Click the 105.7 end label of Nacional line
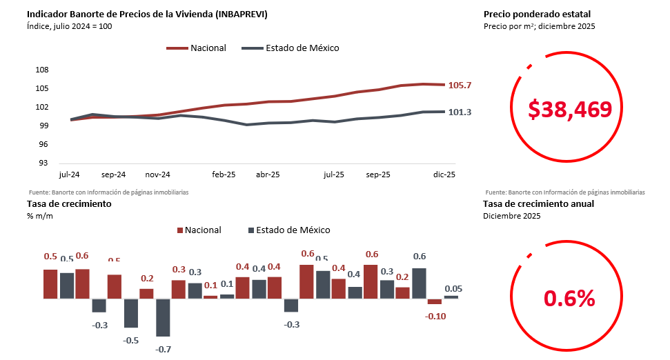pyautogui.click(x=460, y=86)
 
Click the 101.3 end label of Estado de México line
pyautogui.click(x=460, y=112)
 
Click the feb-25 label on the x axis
pyautogui.click(x=224, y=175)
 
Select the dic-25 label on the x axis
pyautogui.click(x=444, y=175)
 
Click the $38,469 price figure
pyautogui.click(x=570, y=109)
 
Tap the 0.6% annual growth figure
pyautogui.click(x=569, y=298)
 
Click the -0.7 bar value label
pyautogui.click(x=163, y=350)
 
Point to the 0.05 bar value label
pyautogui.click(x=453, y=289)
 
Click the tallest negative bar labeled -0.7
pyautogui.click(x=163, y=317)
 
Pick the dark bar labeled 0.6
pyautogui.click(x=419, y=283)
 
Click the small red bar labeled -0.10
pyautogui.click(x=435, y=301)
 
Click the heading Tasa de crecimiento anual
pyautogui.click(x=538, y=203)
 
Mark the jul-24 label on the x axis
pyautogui.click(x=70, y=175)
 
